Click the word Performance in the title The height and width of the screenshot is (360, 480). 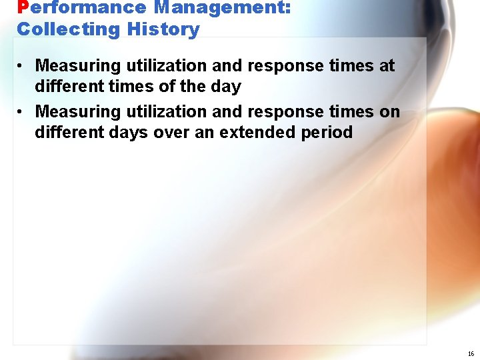(81, 8)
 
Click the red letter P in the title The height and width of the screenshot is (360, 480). (23, 8)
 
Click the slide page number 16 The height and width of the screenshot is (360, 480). (471, 353)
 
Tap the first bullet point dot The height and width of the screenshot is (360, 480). (21, 66)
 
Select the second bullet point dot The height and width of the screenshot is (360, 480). (21, 111)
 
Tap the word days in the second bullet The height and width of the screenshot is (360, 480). (128, 132)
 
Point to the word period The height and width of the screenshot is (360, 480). (327, 132)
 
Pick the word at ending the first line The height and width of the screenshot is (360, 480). (386, 66)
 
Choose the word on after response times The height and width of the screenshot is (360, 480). (390, 111)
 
